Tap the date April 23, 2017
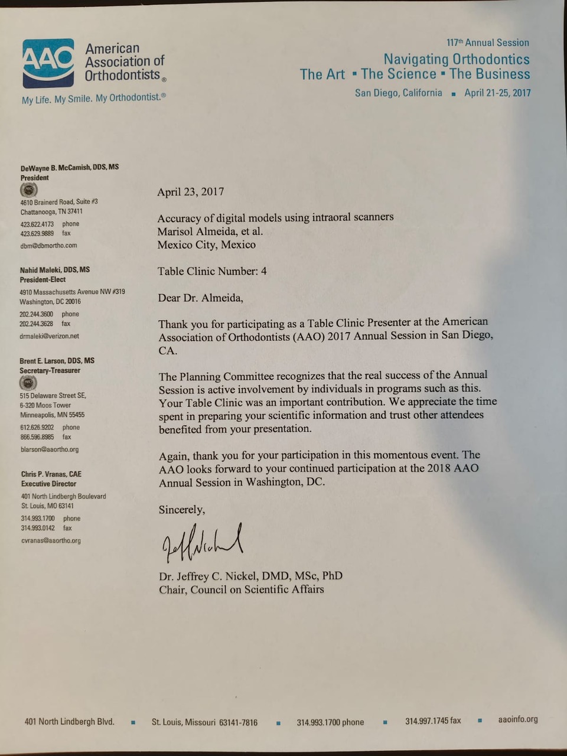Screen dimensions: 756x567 [190, 191]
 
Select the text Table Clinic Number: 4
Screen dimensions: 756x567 [212, 271]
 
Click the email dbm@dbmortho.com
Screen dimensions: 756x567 [48, 245]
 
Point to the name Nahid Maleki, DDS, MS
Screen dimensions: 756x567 [55, 269]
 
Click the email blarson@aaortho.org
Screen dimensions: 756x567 [50, 449]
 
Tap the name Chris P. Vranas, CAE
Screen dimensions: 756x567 [51, 474]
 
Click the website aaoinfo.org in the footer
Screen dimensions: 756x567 [518, 719]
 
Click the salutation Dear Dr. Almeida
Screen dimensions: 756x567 [200, 298]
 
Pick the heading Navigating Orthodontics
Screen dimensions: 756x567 [456, 59]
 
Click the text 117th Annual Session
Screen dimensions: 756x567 [487, 43]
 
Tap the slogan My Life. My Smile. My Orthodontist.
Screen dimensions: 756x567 [93, 98]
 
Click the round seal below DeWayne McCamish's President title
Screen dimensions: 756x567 [29, 190]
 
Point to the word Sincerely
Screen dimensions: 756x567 [182, 509]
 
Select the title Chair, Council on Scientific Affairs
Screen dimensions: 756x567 [241, 589]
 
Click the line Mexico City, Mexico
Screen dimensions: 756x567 [206, 245]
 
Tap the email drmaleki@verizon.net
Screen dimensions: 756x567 [49, 336]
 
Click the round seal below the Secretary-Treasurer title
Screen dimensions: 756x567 [28, 383]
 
